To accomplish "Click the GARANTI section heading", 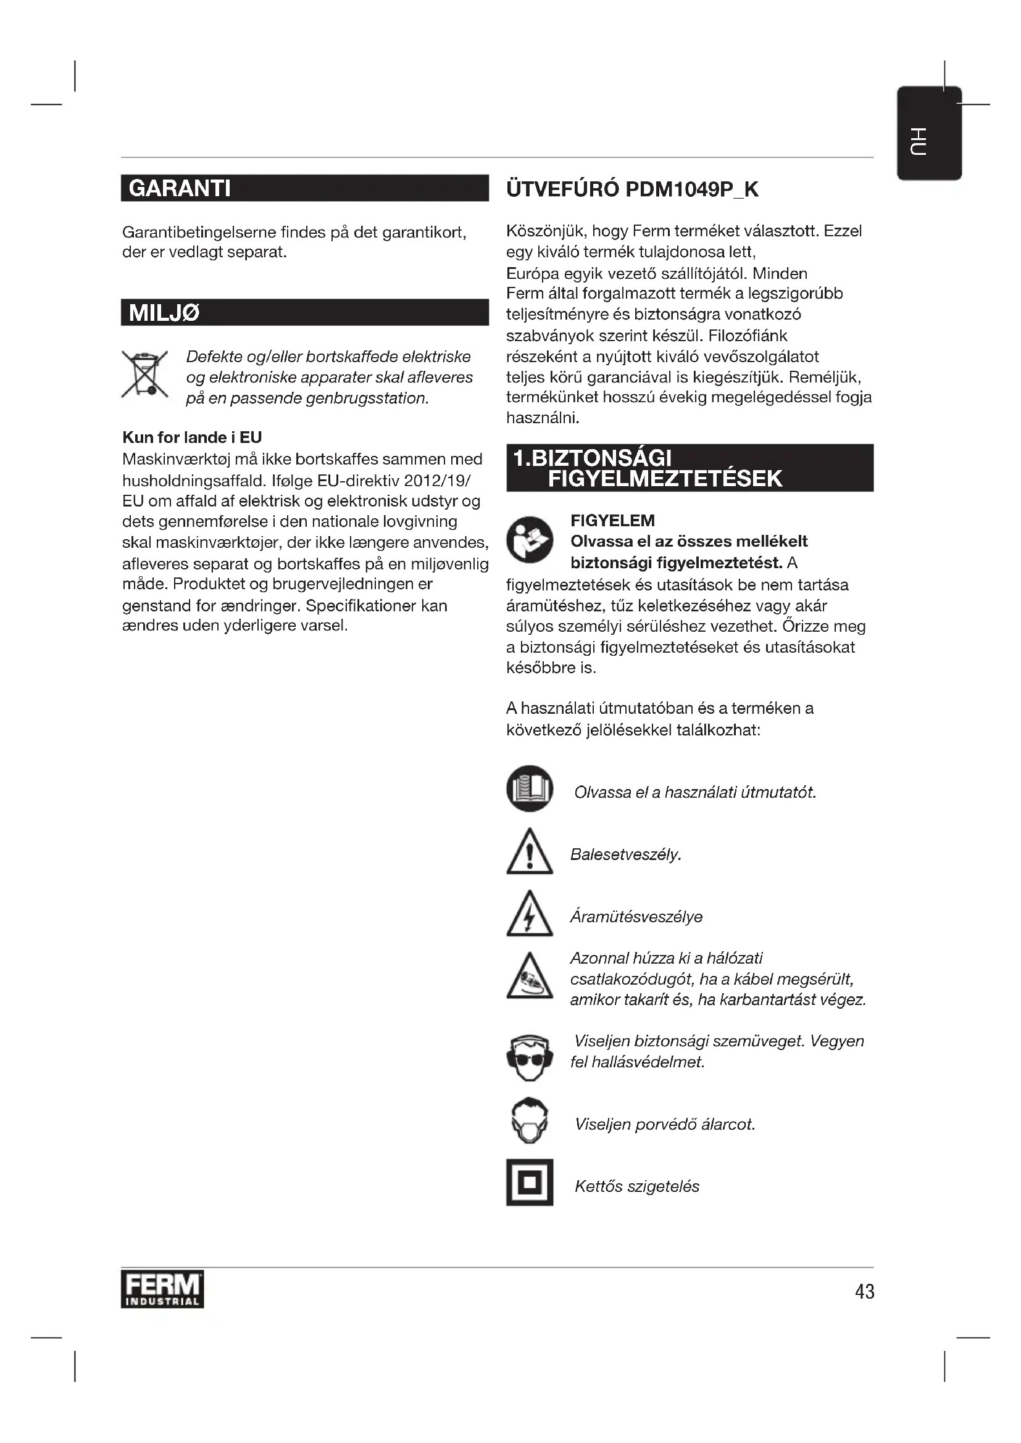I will click(180, 189).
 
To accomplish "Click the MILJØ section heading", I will click(164, 313).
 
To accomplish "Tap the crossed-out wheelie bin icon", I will click(145, 375).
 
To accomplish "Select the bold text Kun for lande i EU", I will click(192, 437).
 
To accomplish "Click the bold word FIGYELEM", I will click(612, 521).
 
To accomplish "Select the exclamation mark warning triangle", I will click(530, 853).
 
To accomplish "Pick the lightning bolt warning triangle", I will click(530, 915).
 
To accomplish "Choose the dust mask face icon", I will click(530, 1121).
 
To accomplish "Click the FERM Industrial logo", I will click(162, 1289).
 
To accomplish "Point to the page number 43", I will click(864, 1291).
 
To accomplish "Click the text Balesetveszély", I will click(625, 854).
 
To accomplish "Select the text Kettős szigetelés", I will click(637, 1186).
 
